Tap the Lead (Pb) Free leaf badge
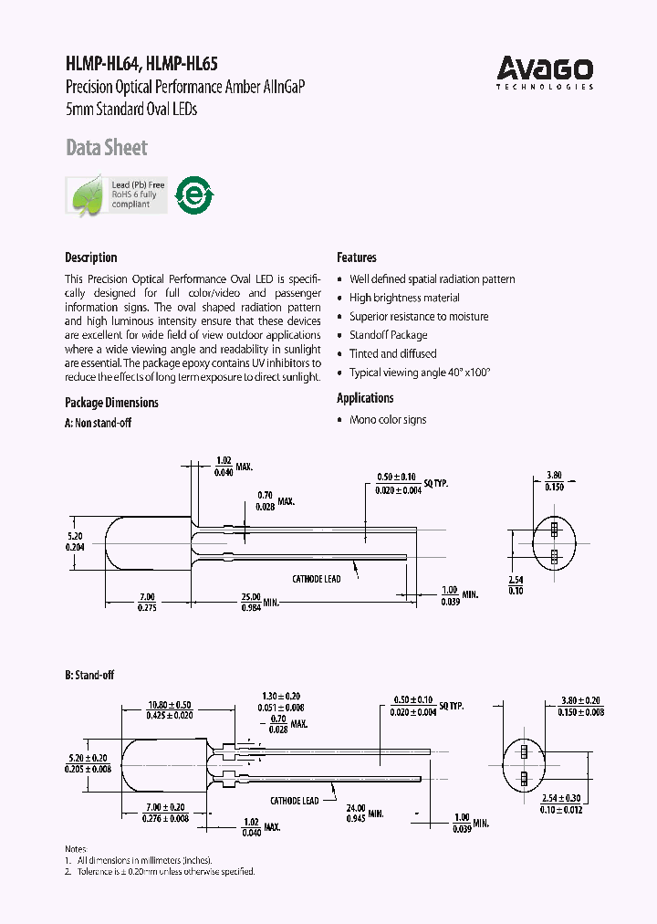coord(116,194)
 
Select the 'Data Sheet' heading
coord(106,148)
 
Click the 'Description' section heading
coord(91,257)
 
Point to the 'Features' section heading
coord(356,257)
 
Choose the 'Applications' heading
coord(365,398)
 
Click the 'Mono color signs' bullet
coord(388,420)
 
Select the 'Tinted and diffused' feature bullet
coord(392,353)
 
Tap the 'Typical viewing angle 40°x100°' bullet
coord(420,373)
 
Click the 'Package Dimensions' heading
coord(111,403)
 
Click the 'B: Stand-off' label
coord(89,675)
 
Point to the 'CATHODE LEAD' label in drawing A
coord(316,579)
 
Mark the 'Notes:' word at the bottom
coord(78,848)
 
